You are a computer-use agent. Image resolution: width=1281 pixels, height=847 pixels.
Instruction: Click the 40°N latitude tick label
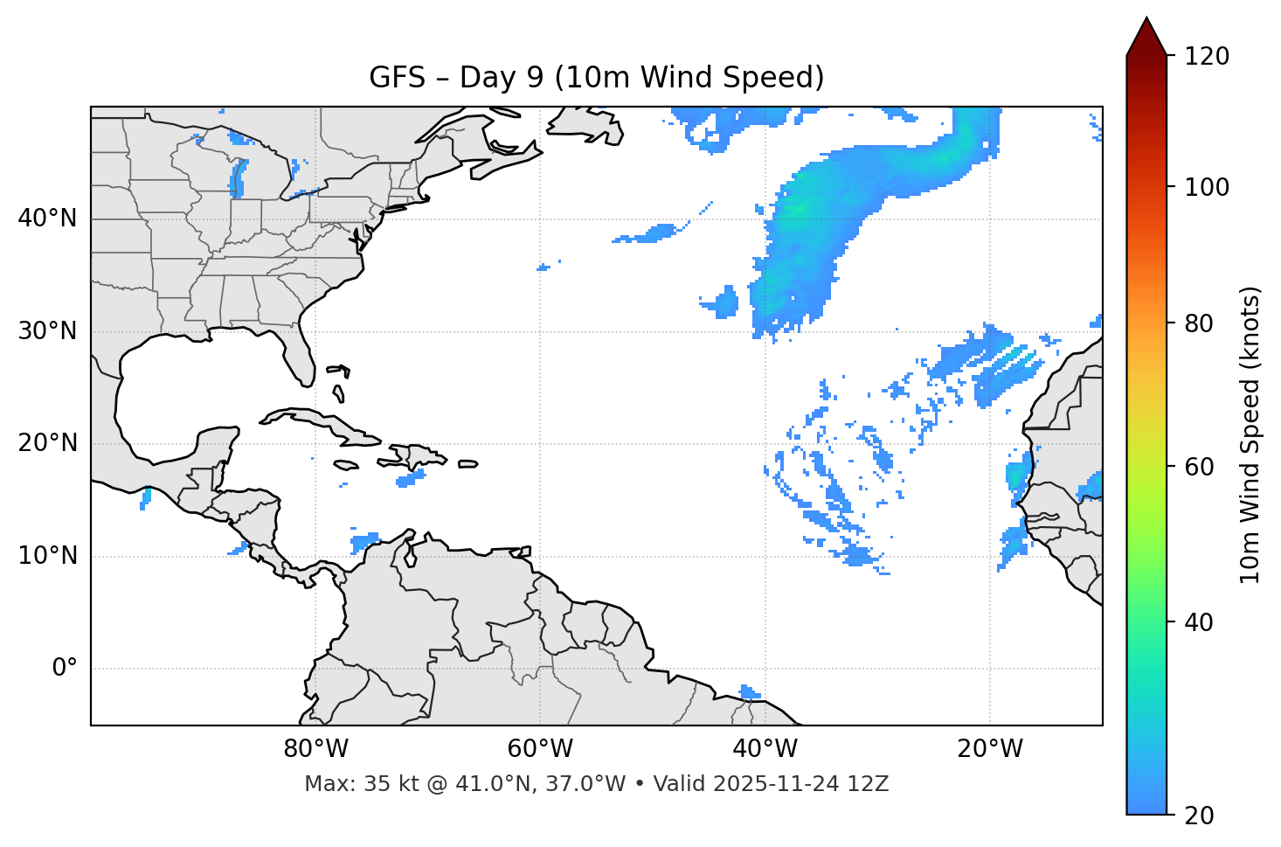[47, 219]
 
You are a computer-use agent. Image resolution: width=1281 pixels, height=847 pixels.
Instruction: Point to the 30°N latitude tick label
[47, 331]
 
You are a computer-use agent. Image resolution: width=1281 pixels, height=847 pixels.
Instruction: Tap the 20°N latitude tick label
[47, 443]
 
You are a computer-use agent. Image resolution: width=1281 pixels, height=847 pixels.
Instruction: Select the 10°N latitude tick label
[47, 556]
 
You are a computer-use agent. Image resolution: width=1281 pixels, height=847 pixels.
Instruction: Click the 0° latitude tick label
[65, 669]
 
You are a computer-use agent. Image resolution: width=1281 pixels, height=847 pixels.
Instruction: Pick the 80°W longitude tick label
[315, 749]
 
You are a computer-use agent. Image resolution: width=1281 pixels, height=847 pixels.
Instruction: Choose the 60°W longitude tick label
[540, 749]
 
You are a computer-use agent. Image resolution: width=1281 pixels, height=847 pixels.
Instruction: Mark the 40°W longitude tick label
[765, 749]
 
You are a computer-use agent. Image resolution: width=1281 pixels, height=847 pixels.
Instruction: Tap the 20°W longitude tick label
[989, 749]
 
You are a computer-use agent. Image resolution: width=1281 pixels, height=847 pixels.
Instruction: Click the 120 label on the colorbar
[1206, 57]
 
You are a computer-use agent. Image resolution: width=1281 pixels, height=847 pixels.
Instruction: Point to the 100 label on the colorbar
[1206, 187]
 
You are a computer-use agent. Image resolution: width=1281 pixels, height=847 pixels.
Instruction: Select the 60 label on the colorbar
[1199, 467]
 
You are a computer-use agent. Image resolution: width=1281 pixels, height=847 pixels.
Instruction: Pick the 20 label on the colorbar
[1199, 816]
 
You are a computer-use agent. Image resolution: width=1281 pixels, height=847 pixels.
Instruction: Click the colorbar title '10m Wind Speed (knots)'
[1250, 434]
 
